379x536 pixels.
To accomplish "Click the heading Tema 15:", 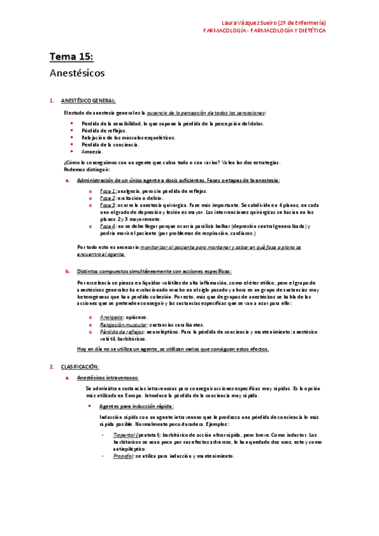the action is point(71,58).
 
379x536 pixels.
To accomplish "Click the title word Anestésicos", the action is point(77,73).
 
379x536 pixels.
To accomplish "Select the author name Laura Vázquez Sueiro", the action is point(260,22).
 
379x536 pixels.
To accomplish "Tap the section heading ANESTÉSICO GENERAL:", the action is point(88,100).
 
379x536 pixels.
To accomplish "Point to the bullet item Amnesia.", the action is point(92,152).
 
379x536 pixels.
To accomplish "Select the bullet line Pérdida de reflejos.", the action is point(104,131).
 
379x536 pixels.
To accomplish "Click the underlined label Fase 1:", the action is point(108,190).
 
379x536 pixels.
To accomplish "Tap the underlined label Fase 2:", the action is point(108,198).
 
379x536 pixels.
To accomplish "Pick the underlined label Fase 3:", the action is point(108,205).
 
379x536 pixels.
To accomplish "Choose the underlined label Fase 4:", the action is point(108,226).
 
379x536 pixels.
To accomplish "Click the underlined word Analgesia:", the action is point(112,317).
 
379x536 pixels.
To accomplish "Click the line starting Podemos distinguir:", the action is point(87,169).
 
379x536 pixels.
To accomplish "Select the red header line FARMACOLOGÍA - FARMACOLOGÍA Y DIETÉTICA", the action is point(264,30).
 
